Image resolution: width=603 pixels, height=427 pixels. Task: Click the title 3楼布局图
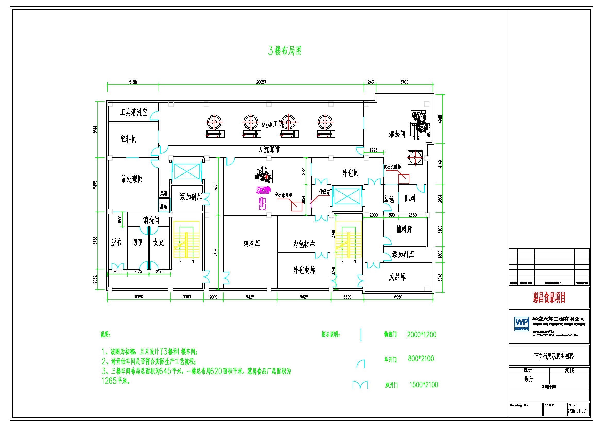(x=285, y=51)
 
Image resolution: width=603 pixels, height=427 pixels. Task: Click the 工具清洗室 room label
(x=134, y=113)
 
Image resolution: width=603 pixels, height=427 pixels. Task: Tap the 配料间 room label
(x=128, y=139)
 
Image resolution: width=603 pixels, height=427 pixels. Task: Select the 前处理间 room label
(x=132, y=179)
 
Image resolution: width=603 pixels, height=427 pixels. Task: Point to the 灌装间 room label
(x=397, y=134)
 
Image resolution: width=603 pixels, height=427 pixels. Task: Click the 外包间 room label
(x=350, y=173)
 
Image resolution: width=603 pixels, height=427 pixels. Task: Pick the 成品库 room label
(x=397, y=277)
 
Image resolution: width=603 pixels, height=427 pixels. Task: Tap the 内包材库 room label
(x=304, y=244)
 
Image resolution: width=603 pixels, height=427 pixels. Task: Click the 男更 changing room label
(x=138, y=242)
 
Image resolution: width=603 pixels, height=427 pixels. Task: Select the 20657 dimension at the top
(x=261, y=82)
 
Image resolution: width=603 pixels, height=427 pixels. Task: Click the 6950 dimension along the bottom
(x=398, y=297)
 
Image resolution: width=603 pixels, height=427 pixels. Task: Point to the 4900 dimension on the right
(x=440, y=119)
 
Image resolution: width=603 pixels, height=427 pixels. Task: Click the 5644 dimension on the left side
(x=95, y=130)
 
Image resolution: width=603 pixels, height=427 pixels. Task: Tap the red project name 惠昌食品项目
(x=549, y=297)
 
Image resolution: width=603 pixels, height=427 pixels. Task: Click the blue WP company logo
(x=522, y=324)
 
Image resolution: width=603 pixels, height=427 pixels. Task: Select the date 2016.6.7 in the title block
(x=577, y=411)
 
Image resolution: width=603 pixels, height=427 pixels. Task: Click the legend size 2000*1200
(x=422, y=335)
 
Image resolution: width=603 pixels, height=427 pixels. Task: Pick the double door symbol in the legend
(x=360, y=385)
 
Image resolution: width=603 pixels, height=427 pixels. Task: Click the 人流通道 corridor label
(x=269, y=150)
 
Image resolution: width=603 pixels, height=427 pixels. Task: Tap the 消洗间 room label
(x=151, y=220)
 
